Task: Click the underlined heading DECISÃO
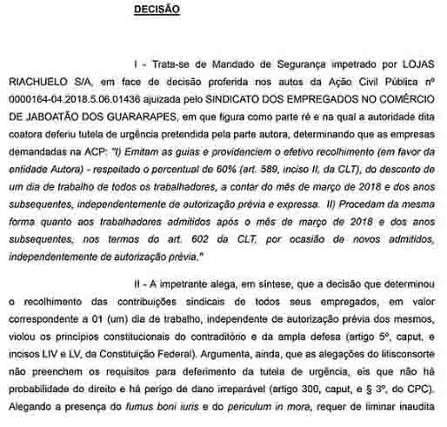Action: click(x=157, y=10)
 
